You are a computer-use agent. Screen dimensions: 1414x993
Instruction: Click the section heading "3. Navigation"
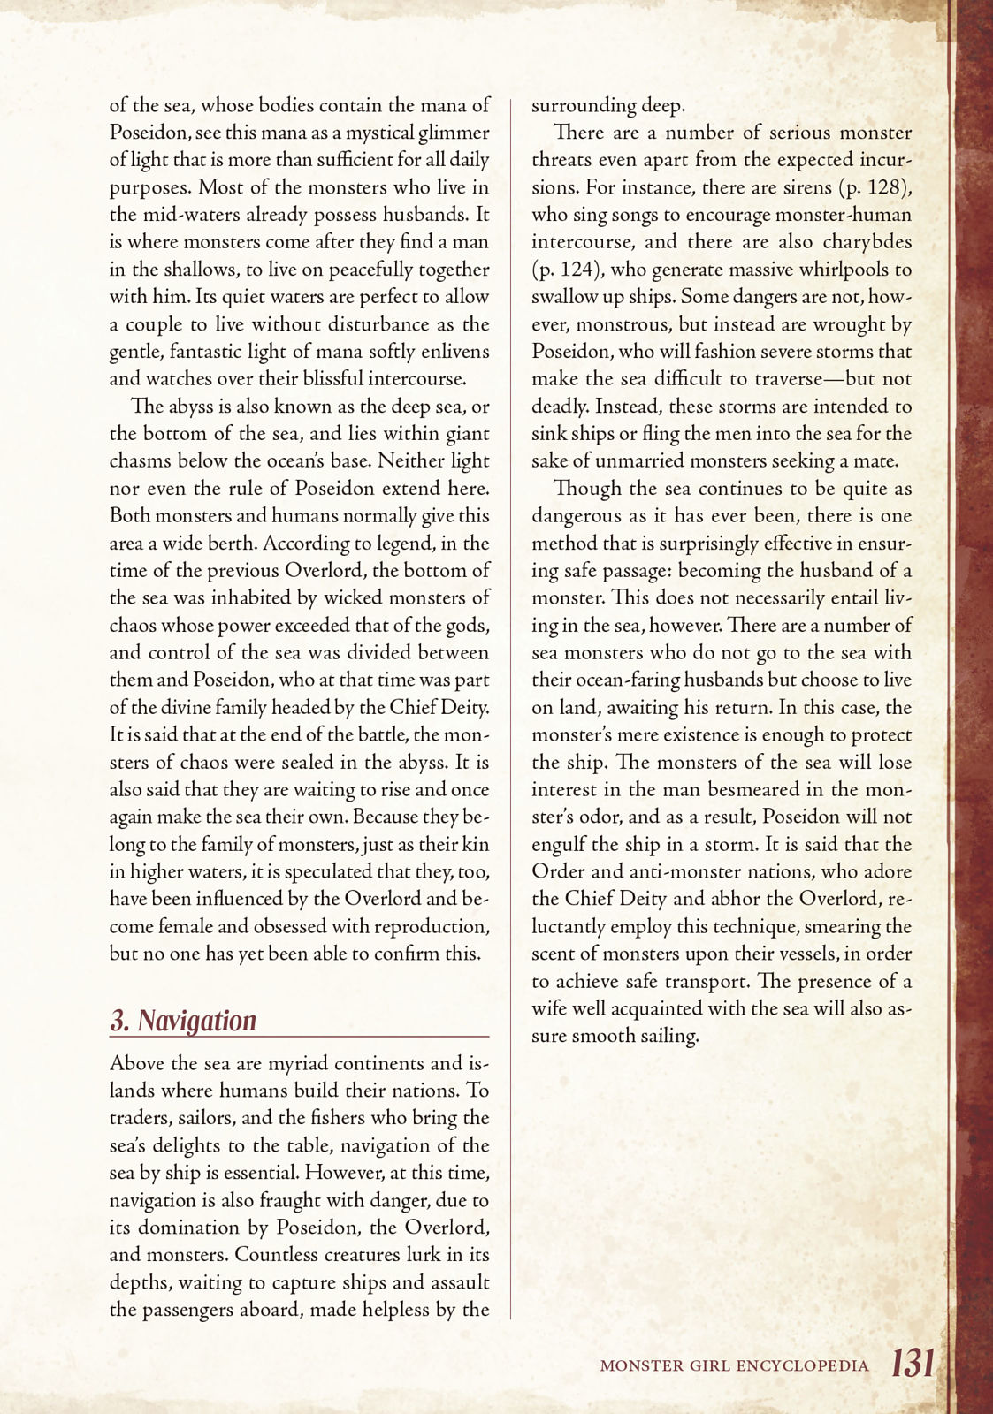[183, 1020]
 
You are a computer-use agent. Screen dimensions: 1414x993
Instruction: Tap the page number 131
[913, 1363]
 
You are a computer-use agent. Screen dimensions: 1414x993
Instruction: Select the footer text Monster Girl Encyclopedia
[734, 1365]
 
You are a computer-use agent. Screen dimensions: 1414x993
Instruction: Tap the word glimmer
[454, 133]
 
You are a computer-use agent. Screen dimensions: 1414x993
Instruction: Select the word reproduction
[432, 926]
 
